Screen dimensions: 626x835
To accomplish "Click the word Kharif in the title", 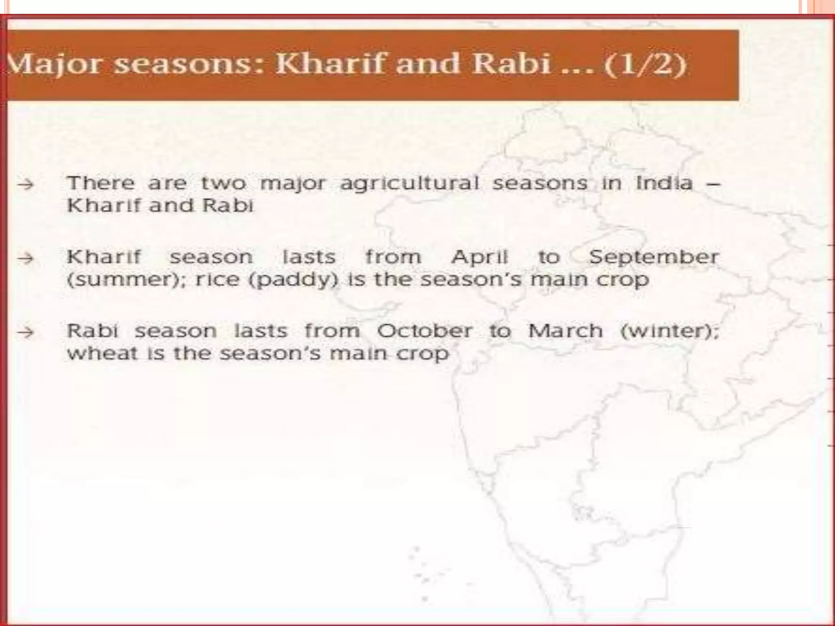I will tap(331, 64).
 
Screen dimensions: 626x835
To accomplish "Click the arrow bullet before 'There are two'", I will tap(25, 185).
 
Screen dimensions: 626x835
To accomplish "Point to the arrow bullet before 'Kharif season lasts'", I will tap(25, 258).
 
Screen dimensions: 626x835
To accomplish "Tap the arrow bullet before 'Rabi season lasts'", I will tap(25, 332).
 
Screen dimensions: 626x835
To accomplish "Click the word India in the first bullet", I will tap(664, 183).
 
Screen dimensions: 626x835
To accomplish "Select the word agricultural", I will tap(409, 184).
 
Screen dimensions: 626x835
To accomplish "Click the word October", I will tap(424, 331).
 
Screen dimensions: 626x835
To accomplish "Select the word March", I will tap(565, 331).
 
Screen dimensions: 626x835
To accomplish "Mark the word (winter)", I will tap(669, 331).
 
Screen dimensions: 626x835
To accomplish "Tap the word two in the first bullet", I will tap(223, 183).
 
